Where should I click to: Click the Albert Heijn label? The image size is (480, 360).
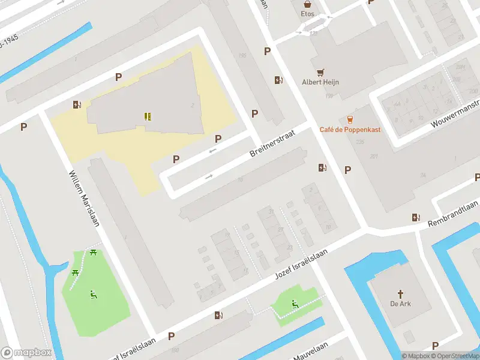(320, 82)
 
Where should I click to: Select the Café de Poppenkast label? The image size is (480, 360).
(350, 129)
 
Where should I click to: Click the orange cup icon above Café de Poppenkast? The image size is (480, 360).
(350, 119)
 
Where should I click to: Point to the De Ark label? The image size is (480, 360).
(400, 303)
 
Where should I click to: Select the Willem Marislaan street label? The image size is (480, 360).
(84, 196)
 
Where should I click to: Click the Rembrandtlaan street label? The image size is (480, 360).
(453, 214)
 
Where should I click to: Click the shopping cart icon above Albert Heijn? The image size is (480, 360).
(320, 71)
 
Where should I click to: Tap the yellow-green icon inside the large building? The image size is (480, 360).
(148, 116)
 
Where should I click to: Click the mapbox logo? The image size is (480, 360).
(26, 352)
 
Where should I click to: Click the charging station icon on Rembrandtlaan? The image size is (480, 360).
(416, 217)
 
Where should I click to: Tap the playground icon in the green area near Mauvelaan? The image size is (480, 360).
(295, 304)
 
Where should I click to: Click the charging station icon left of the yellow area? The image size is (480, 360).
(77, 105)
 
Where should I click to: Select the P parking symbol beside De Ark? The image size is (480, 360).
(436, 345)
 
